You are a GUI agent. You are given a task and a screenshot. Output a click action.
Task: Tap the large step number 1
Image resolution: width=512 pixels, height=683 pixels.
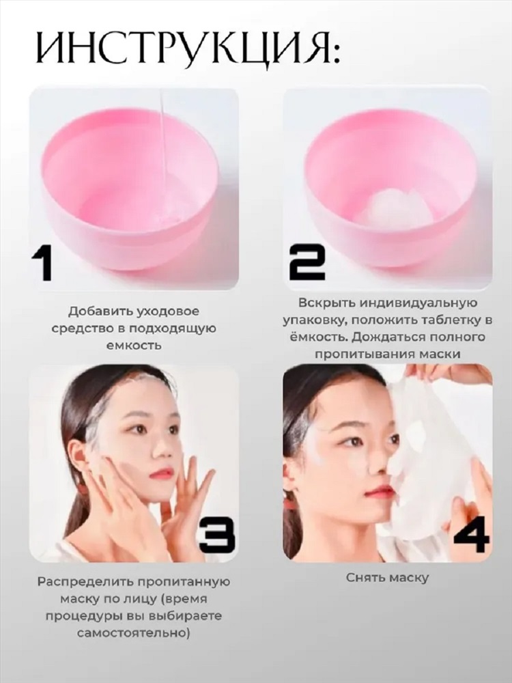click(x=42, y=264)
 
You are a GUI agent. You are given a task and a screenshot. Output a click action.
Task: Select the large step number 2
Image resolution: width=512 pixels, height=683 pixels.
click(x=307, y=262)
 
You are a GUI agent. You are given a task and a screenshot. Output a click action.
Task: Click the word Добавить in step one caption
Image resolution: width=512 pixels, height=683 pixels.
click(x=102, y=312)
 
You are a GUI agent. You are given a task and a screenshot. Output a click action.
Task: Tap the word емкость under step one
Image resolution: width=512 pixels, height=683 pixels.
click(x=134, y=346)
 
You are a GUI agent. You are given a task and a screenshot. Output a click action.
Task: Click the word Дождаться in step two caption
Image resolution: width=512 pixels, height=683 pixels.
click(x=388, y=337)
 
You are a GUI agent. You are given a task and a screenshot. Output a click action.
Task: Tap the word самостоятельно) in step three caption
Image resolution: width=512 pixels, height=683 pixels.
click(x=134, y=632)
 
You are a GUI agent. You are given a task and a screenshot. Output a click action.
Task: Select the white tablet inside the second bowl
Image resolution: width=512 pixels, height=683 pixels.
click(x=394, y=207)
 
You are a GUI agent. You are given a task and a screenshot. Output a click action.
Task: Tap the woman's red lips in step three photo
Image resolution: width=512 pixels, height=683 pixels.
click(x=159, y=473)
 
